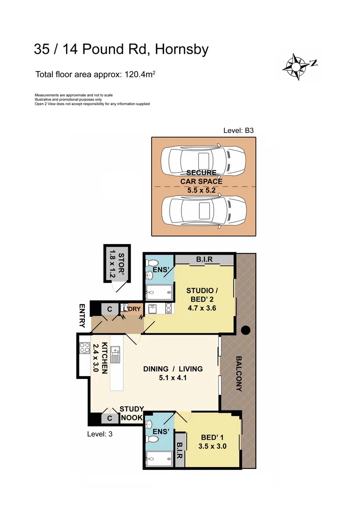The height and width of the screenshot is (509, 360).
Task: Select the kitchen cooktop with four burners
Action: [x=85, y=348]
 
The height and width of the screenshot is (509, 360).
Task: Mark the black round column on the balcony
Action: [x=245, y=330]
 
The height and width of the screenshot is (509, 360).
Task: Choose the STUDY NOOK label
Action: [x=132, y=413]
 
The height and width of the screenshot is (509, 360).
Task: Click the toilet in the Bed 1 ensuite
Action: [x=153, y=439]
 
